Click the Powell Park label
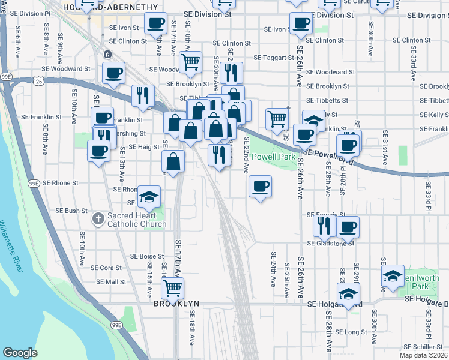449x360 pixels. click(x=273, y=157)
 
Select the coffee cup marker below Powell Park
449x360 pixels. click(x=260, y=187)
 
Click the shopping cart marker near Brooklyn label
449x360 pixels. click(x=173, y=289)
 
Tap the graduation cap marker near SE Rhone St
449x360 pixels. click(x=149, y=197)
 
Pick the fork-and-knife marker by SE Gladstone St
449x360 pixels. click(x=323, y=227)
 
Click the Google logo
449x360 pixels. click(x=20, y=353)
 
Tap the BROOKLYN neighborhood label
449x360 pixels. click(x=176, y=305)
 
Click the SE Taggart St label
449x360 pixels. click(x=273, y=58)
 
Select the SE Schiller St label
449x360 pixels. click(x=423, y=347)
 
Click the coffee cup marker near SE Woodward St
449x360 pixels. click(x=113, y=74)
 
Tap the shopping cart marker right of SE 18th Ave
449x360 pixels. click(x=190, y=62)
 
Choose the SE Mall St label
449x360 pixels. click(x=112, y=281)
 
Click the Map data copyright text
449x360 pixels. click(x=424, y=355)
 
